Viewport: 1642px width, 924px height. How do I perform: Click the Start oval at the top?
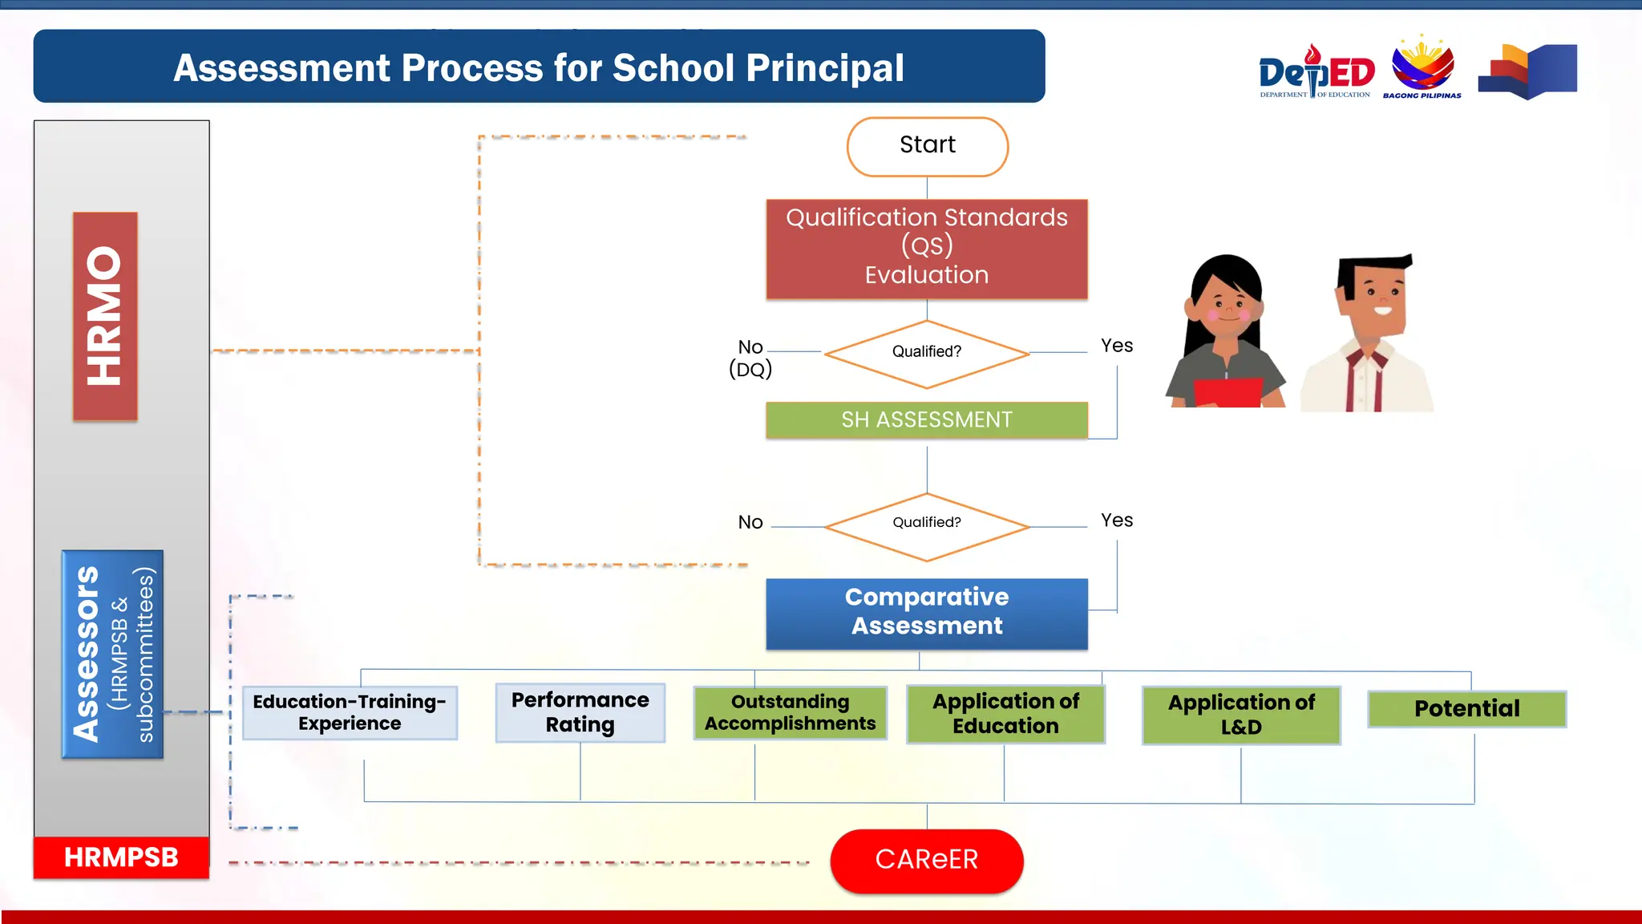click(x=927, y=146)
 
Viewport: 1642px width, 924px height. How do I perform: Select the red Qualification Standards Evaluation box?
click(x=927, y=249)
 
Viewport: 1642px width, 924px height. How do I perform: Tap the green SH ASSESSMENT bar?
click(x=927, y=419)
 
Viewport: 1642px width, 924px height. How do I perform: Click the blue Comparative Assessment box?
click(x=927, y=613)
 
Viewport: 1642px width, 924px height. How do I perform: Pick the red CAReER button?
click(x=927, y=860)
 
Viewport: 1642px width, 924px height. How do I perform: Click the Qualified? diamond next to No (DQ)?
click(x=927, y=353)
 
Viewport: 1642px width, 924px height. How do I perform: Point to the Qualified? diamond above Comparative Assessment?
click(x=927, y=526)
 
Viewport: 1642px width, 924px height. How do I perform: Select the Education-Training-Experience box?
click(x=350, y=712)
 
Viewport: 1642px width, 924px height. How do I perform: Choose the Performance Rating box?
click(x=580, y=712)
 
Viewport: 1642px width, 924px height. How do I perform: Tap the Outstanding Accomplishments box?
click(x=790, y=712)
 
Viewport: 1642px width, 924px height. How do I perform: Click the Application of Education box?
click(x=1005, y=714)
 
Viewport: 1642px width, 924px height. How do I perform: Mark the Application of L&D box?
click(x=1241, y=715)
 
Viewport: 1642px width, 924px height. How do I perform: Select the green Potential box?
click(x=1466, y=709)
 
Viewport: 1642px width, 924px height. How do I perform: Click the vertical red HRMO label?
click(x=105, y=316)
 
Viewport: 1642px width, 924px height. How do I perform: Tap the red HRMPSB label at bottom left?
click(x=121, y=857)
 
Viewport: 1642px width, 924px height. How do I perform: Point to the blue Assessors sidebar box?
click(x=112, y=654)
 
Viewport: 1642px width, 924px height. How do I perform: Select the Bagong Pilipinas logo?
click(x=1422, y=68)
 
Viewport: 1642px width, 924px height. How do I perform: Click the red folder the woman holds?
click(x=1227, y=393)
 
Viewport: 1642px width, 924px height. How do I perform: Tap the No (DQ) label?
click(x=750, y=358)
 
